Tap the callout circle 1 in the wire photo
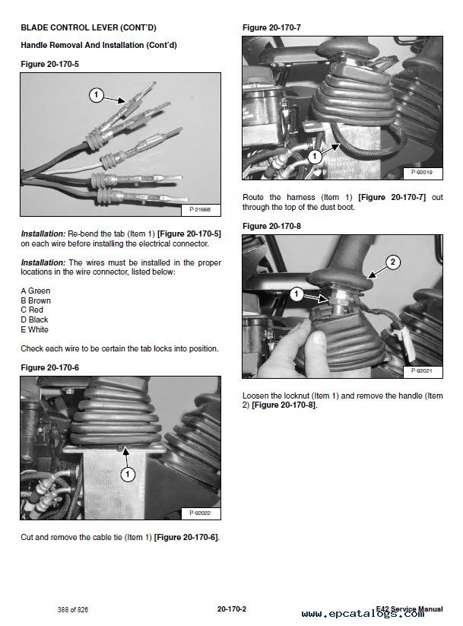(x=96, y=95)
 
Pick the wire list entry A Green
(x=36, y=291)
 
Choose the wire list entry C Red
(x=32, y=310)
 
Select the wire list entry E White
(x=35, y=330)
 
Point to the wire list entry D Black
(x=35, y=320)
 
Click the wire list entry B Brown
(x=36, y=300)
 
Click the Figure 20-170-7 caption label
(x=271, y=28)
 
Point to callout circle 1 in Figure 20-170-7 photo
(x=314, y=157)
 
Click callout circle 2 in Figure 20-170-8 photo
(x=392, y=262)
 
